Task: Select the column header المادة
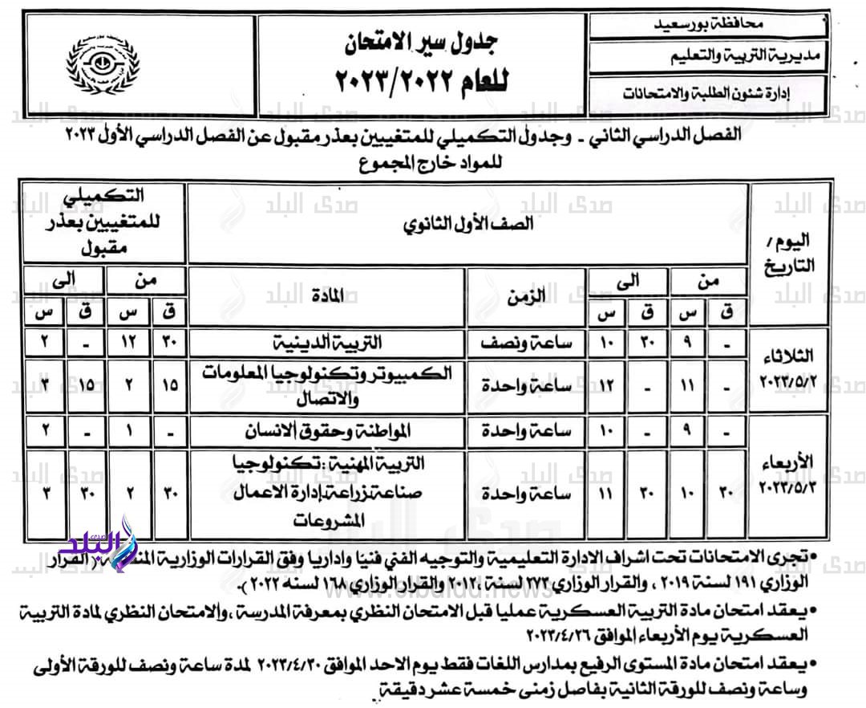coord(327,297)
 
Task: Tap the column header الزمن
coord(526,297)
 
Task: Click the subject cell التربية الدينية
coord(327,343)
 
